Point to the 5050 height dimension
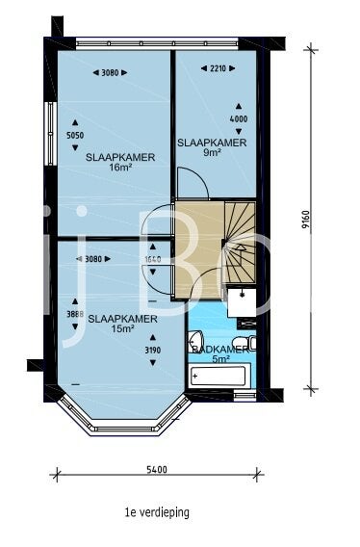pyautogui.click(x=74, y=136)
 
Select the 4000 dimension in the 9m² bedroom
pyautogui.click(x=238, y=119)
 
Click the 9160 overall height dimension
pyautogui.click(x=304, y=221)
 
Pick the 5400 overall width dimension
pyautogui.click(x=157, y=470)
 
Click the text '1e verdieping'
pyautogui.click(x=156, y=512)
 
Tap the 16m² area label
pyautogui.click(x=120, y=168)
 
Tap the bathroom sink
pyautogui.click(x=195, y=340)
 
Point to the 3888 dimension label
pyautogui.click(x=74, y=314)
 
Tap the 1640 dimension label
pyautogui.click(x=152, y=259)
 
